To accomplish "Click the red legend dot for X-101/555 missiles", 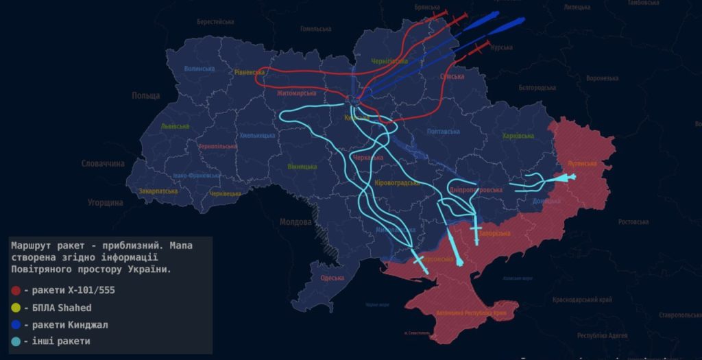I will tap(16, 290).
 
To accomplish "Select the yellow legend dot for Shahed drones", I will tap(16, 307).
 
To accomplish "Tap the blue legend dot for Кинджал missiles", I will tap(16, 324).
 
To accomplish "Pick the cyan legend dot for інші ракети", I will tap(16, 341).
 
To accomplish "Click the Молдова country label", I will tap(296, 222).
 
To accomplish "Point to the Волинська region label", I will tap(199, 69).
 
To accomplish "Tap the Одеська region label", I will tap(332, 278).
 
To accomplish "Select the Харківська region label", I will tap(518, 136).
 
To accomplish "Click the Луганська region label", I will tap(583, 164).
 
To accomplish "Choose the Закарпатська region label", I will tap(158, 191).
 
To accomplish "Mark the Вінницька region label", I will tap(302, 167).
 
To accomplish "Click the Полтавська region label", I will tap(443, 131).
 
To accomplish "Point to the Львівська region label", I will tap(175, 127).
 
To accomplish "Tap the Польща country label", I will tap(145, 96).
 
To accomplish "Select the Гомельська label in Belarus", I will tap(315, 29).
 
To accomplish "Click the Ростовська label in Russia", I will tap(633, 221).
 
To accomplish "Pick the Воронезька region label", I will tap(603, 78).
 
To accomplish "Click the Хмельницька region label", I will tap(258, 135).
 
